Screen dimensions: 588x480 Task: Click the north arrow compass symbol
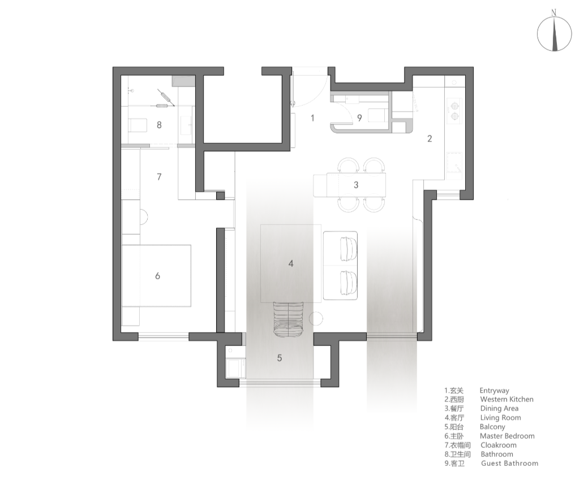pos(554,34)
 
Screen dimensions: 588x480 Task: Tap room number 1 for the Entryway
pos(312,118)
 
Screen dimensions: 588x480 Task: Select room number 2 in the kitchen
pos(430,139)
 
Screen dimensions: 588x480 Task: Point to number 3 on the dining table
pos(356,185)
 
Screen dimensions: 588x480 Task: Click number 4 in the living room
pos(291,264)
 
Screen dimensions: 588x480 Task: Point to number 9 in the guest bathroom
pos(359,118)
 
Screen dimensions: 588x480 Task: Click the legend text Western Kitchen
pos(507,400)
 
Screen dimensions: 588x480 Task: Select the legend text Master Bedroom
pos(507,436)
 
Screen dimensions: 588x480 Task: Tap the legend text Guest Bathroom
pos(510,463)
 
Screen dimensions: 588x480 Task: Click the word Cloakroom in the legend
pos(499,445)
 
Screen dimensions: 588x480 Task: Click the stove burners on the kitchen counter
pos(454,111)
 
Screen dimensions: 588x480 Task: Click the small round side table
pos(316,318)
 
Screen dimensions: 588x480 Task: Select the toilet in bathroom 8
pos(138,126)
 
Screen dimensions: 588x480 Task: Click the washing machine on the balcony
pos(236,368)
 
